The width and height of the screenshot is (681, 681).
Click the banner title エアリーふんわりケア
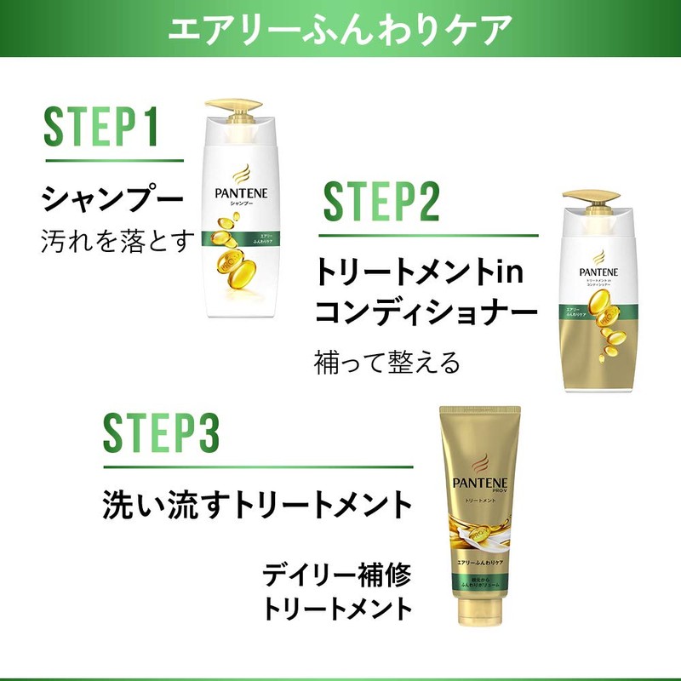tap(340, 29)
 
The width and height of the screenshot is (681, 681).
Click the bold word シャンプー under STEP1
tap(112, 200)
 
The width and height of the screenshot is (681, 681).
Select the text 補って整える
tap(387, 363)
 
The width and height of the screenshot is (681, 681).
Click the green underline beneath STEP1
tap(114, 159)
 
